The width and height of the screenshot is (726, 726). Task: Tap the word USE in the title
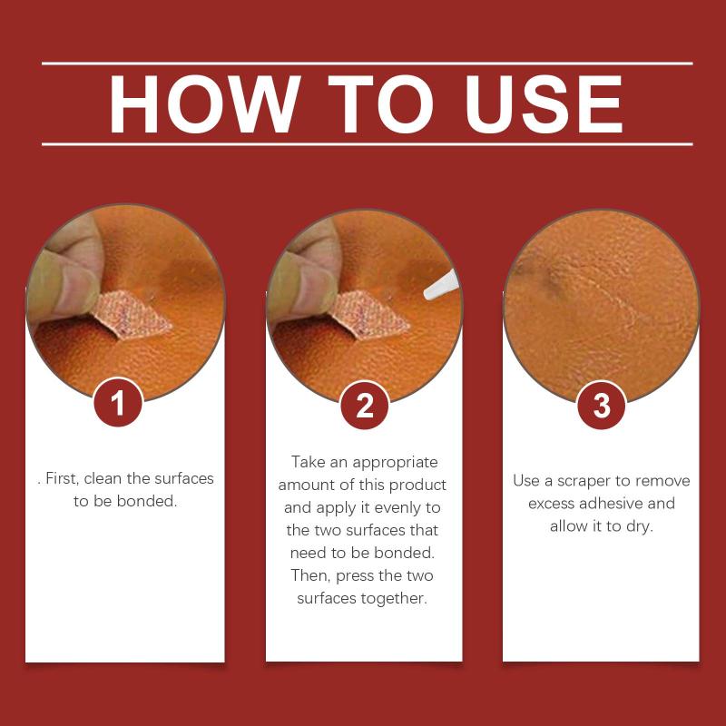click(x=544, y=103)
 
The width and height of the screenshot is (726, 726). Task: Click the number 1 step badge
click(x=118, y=402)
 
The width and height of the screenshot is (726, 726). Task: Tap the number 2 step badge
click(x=365, y=405)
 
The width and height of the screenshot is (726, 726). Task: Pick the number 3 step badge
click(x=602, y=405)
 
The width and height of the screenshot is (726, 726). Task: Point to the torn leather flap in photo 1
click(x=132, y=314)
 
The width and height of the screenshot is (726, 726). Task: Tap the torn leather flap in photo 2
click(x=369, y=315)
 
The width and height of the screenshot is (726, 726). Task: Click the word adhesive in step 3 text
click(x=613, y=504)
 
